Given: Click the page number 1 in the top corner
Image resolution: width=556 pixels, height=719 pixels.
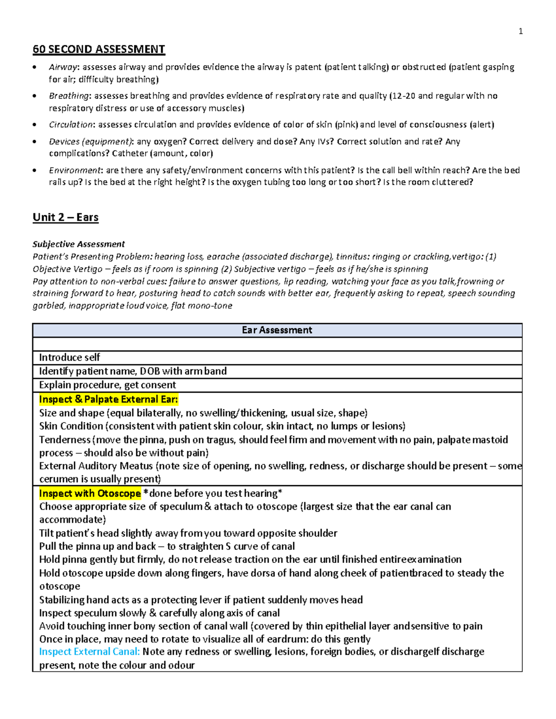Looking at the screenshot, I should [520, 31].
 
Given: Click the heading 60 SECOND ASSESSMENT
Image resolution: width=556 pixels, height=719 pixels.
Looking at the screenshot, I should [99, 49].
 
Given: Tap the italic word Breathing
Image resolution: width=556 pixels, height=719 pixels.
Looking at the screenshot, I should [69, 96].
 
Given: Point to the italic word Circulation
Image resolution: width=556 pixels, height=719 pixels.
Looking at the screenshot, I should [72, 125].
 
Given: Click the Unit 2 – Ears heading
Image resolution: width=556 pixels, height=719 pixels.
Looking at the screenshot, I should [65, 217].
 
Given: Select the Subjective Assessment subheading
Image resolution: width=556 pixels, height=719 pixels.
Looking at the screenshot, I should [78, 244].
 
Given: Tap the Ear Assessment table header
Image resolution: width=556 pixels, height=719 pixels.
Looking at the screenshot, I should [277, 330].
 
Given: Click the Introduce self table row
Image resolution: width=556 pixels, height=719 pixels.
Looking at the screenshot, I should [69, 357].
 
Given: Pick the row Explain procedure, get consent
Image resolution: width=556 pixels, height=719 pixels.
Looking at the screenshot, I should [107, 385].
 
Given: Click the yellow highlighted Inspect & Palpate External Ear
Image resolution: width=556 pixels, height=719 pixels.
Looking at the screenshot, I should [108, 399].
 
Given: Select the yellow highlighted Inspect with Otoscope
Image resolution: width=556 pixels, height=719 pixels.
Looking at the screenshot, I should [90, 493].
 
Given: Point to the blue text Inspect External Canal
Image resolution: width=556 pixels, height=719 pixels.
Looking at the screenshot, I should [89, 652].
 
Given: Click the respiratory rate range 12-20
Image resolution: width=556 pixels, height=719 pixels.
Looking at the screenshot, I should [403, 96].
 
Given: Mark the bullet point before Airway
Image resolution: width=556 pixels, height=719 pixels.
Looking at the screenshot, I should [35, 68].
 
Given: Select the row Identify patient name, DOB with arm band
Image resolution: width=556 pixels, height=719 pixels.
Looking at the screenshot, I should [133, 371].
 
